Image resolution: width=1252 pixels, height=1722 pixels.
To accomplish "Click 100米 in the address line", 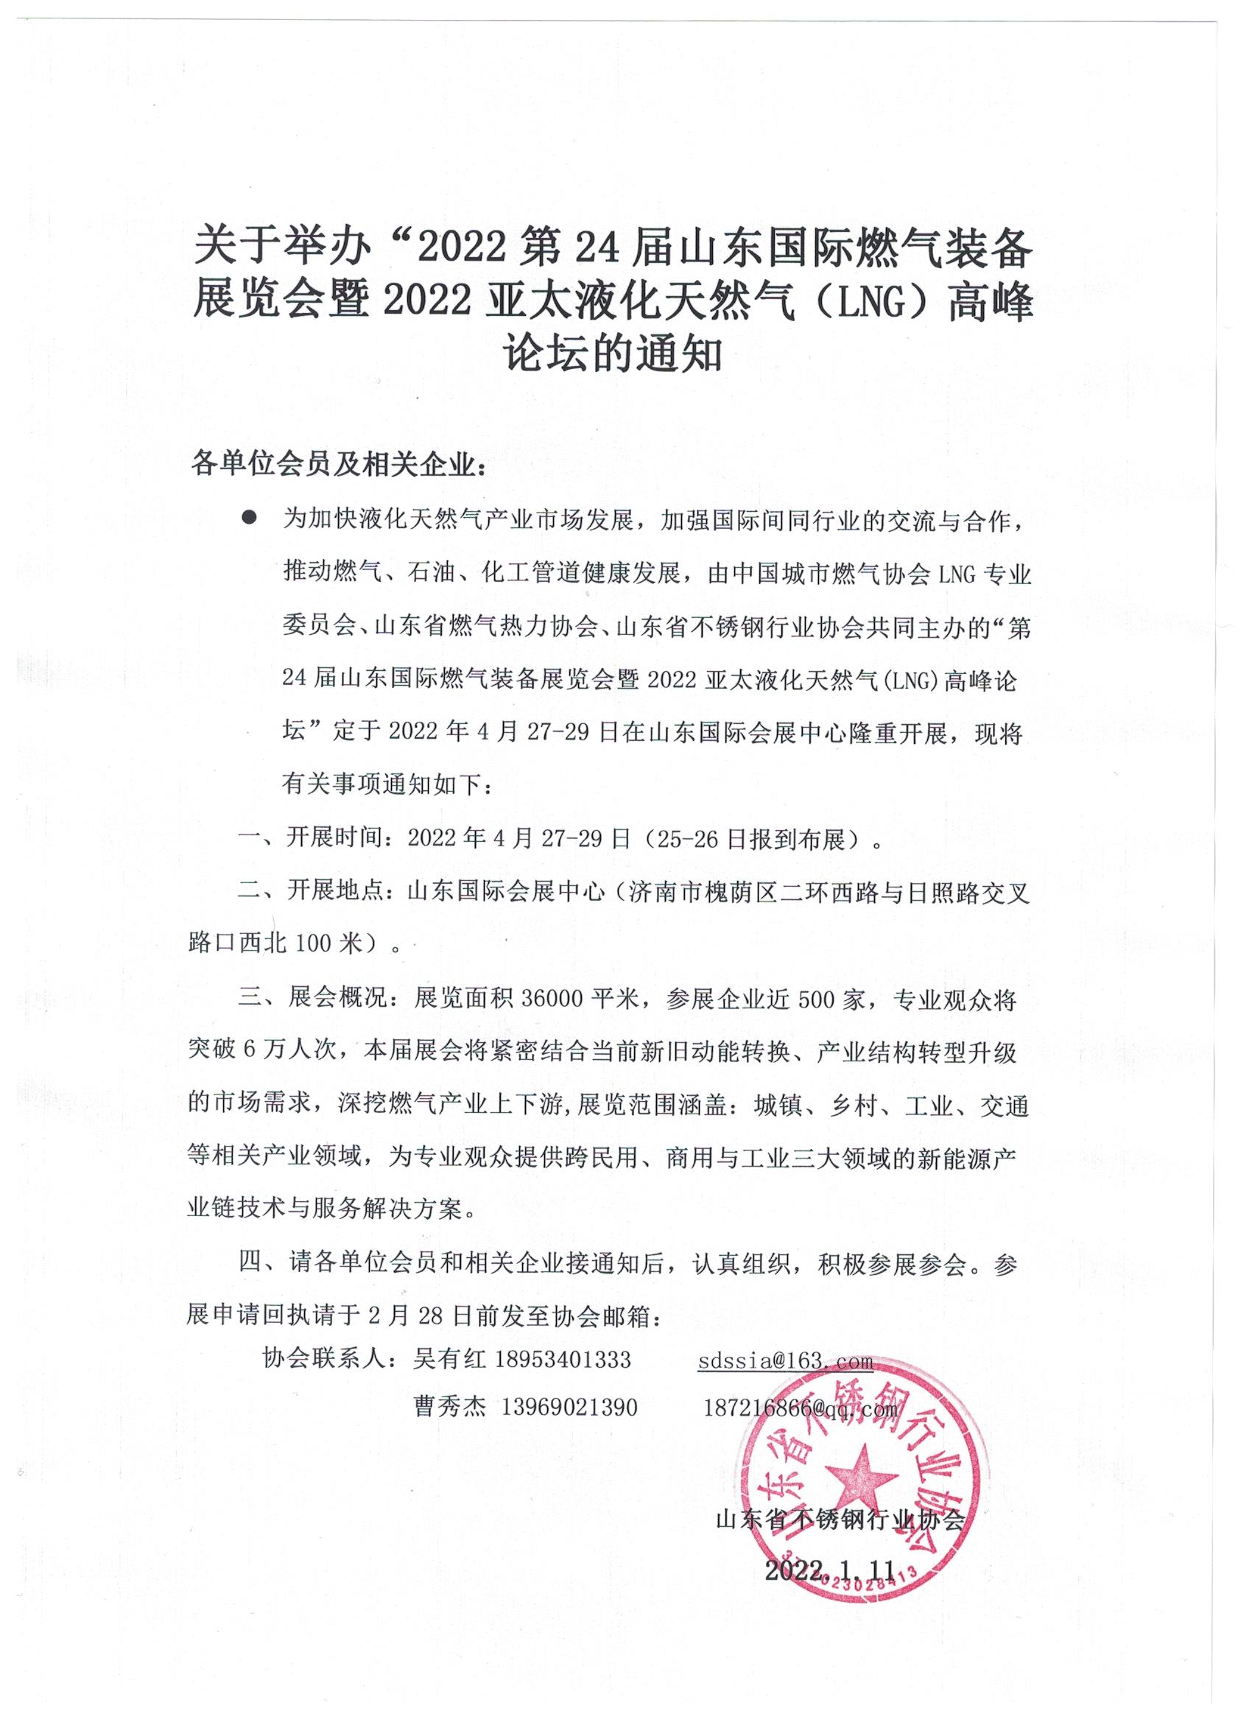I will tap(334, 943).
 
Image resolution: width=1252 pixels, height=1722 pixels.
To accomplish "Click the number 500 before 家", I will tap(816, 1000).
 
